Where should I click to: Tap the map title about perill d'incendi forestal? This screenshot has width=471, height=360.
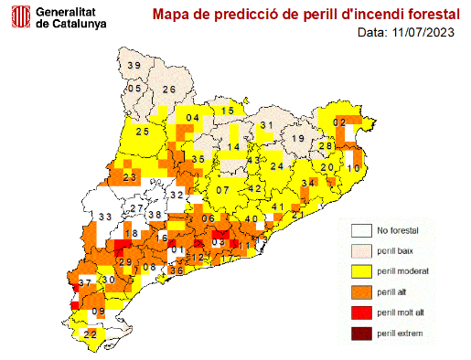[306, 15]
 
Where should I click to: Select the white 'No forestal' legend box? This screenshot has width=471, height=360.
[363, 230]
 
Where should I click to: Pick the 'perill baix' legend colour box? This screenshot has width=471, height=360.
[363, 250]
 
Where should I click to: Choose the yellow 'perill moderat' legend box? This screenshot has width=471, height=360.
[363, 271]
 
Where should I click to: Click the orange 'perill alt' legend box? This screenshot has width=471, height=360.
[363, 292]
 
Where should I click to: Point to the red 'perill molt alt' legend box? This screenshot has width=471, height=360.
[363, 313]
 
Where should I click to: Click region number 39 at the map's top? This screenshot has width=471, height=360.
[134, 65]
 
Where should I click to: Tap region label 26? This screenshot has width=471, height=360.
[169, 90]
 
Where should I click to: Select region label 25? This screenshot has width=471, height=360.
[143, 132]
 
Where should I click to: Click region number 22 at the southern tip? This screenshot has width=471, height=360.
[91, 335]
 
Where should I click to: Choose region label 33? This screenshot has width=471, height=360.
[105, 217]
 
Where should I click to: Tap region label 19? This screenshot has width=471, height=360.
[298, 138]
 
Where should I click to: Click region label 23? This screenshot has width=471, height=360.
[130, 177]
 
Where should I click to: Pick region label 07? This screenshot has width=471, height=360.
[222, 190]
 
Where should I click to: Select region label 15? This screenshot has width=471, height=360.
[229, 111]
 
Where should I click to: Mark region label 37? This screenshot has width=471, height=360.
[85, 284]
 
